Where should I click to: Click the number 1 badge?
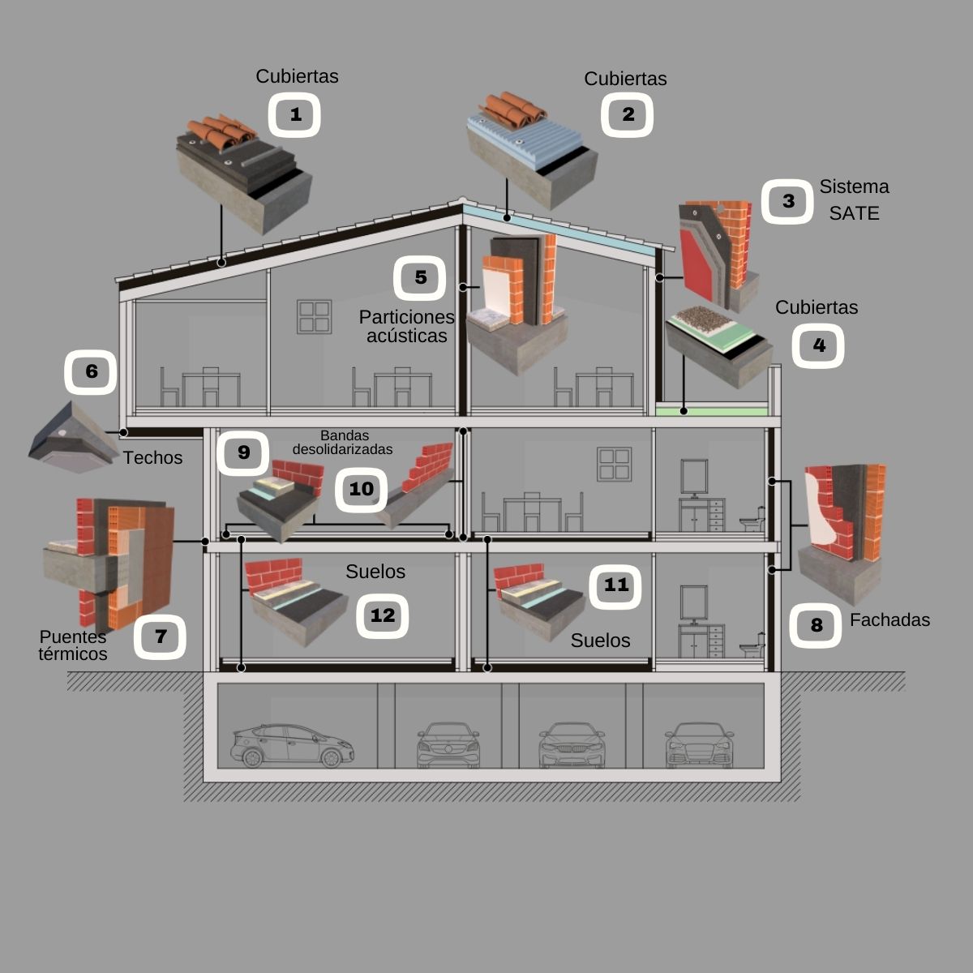295,115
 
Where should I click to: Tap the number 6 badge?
91,371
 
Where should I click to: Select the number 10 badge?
362,489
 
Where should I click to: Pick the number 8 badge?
816,624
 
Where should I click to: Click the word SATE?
854,213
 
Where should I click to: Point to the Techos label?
152,458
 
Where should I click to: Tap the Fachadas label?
889,620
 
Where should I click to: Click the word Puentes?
73,637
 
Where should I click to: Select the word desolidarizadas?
343,449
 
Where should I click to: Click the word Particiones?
407,316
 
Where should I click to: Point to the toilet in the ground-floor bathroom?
751,644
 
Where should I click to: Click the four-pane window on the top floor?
314,316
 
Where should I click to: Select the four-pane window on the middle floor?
614,463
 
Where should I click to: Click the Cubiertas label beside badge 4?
817,308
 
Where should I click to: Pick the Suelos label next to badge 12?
375,572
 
